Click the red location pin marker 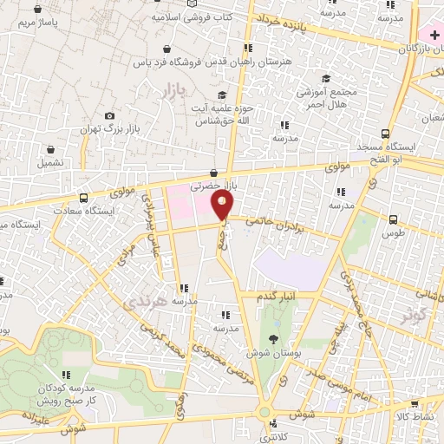pyautogui.click(x=223, y=206)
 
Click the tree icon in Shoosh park pyautogui.click(x=274, y=338)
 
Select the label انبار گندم pyautogui.click(x=277, y=295)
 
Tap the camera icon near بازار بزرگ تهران pyautogui.click(x=109, y=116)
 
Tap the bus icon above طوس pyautogui.click(x=395, y=219)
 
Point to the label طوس pyautogui.click(x=394, y=234)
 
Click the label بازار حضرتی pyautogui.click(x=213, y=186)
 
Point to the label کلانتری pyautogui.click(x=276, y=438)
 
